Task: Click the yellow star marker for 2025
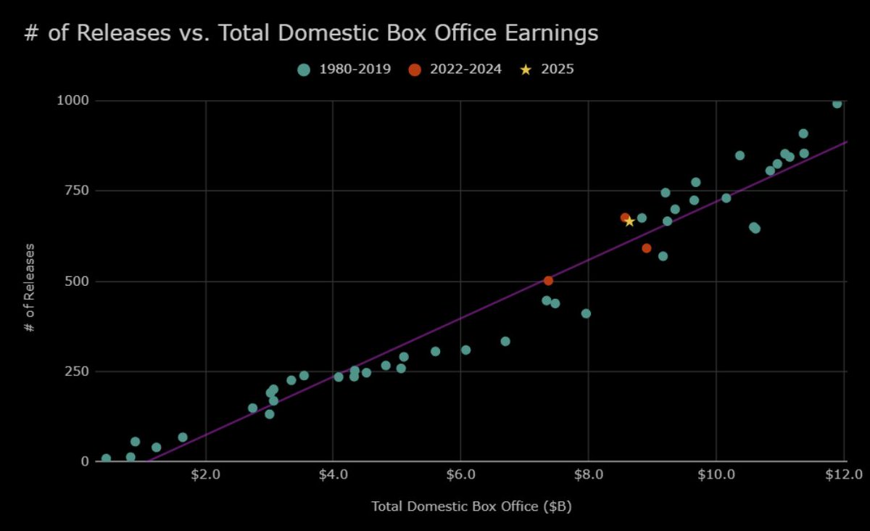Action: [629, 221]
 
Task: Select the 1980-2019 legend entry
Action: [344, 70]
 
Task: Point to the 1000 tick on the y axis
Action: [72, 101]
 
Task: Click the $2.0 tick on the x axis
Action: [206, 474]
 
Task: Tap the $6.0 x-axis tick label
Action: [460, 474]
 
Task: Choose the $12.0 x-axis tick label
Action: [844, 474]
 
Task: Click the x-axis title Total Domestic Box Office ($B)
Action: [471, 507]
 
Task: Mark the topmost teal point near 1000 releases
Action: [837, 103]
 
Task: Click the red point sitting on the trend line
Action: [548, 281]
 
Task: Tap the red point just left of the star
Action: [625, 218]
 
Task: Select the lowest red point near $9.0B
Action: [646, 248]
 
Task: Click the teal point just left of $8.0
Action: [586, 313]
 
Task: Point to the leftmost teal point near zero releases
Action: [106, 458]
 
